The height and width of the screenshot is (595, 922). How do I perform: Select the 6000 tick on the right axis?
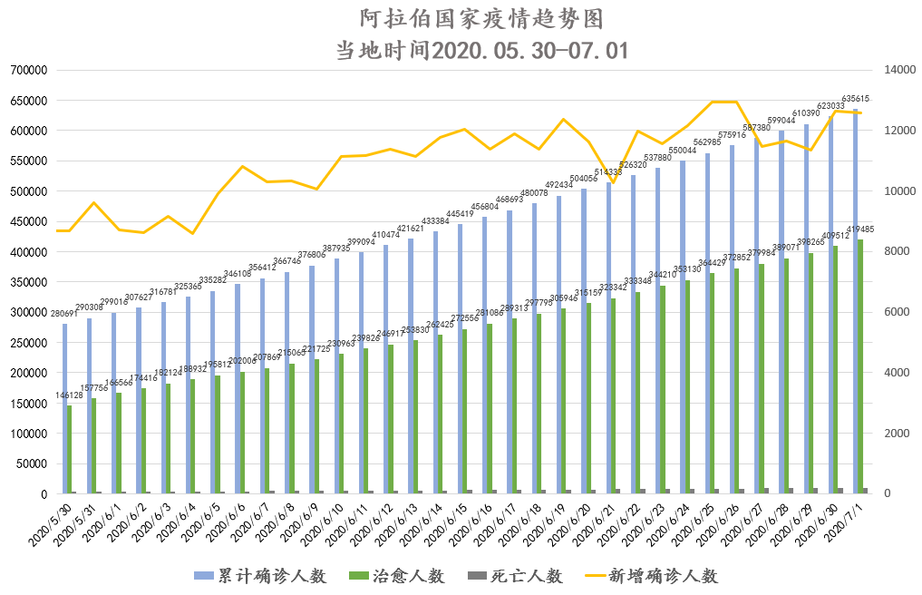pos(890,312)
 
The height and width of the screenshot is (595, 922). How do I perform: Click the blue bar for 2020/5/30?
pos(64,408)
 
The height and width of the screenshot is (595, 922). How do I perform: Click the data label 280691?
pos(64,314)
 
